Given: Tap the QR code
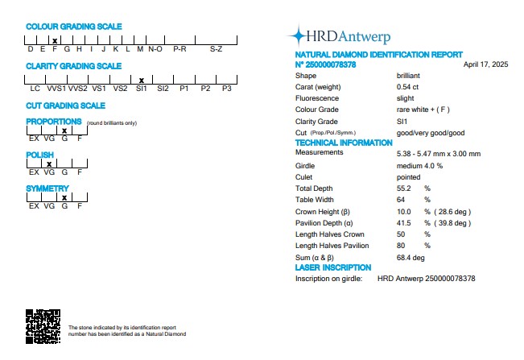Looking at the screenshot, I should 43,327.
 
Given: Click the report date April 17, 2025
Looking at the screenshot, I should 486,64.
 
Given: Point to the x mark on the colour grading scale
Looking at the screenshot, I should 54,40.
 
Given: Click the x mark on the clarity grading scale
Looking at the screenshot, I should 142,80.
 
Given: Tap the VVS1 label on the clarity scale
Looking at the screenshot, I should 56,88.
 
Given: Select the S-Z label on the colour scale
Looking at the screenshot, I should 216,48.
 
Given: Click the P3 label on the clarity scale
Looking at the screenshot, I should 227,88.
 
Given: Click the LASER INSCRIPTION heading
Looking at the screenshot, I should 333,267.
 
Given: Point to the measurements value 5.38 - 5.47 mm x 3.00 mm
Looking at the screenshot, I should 438,153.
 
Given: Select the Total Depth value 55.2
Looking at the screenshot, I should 404,188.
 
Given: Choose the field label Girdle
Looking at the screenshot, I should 306,165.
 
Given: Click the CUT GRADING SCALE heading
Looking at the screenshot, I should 65,106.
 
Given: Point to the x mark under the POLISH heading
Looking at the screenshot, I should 49,163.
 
